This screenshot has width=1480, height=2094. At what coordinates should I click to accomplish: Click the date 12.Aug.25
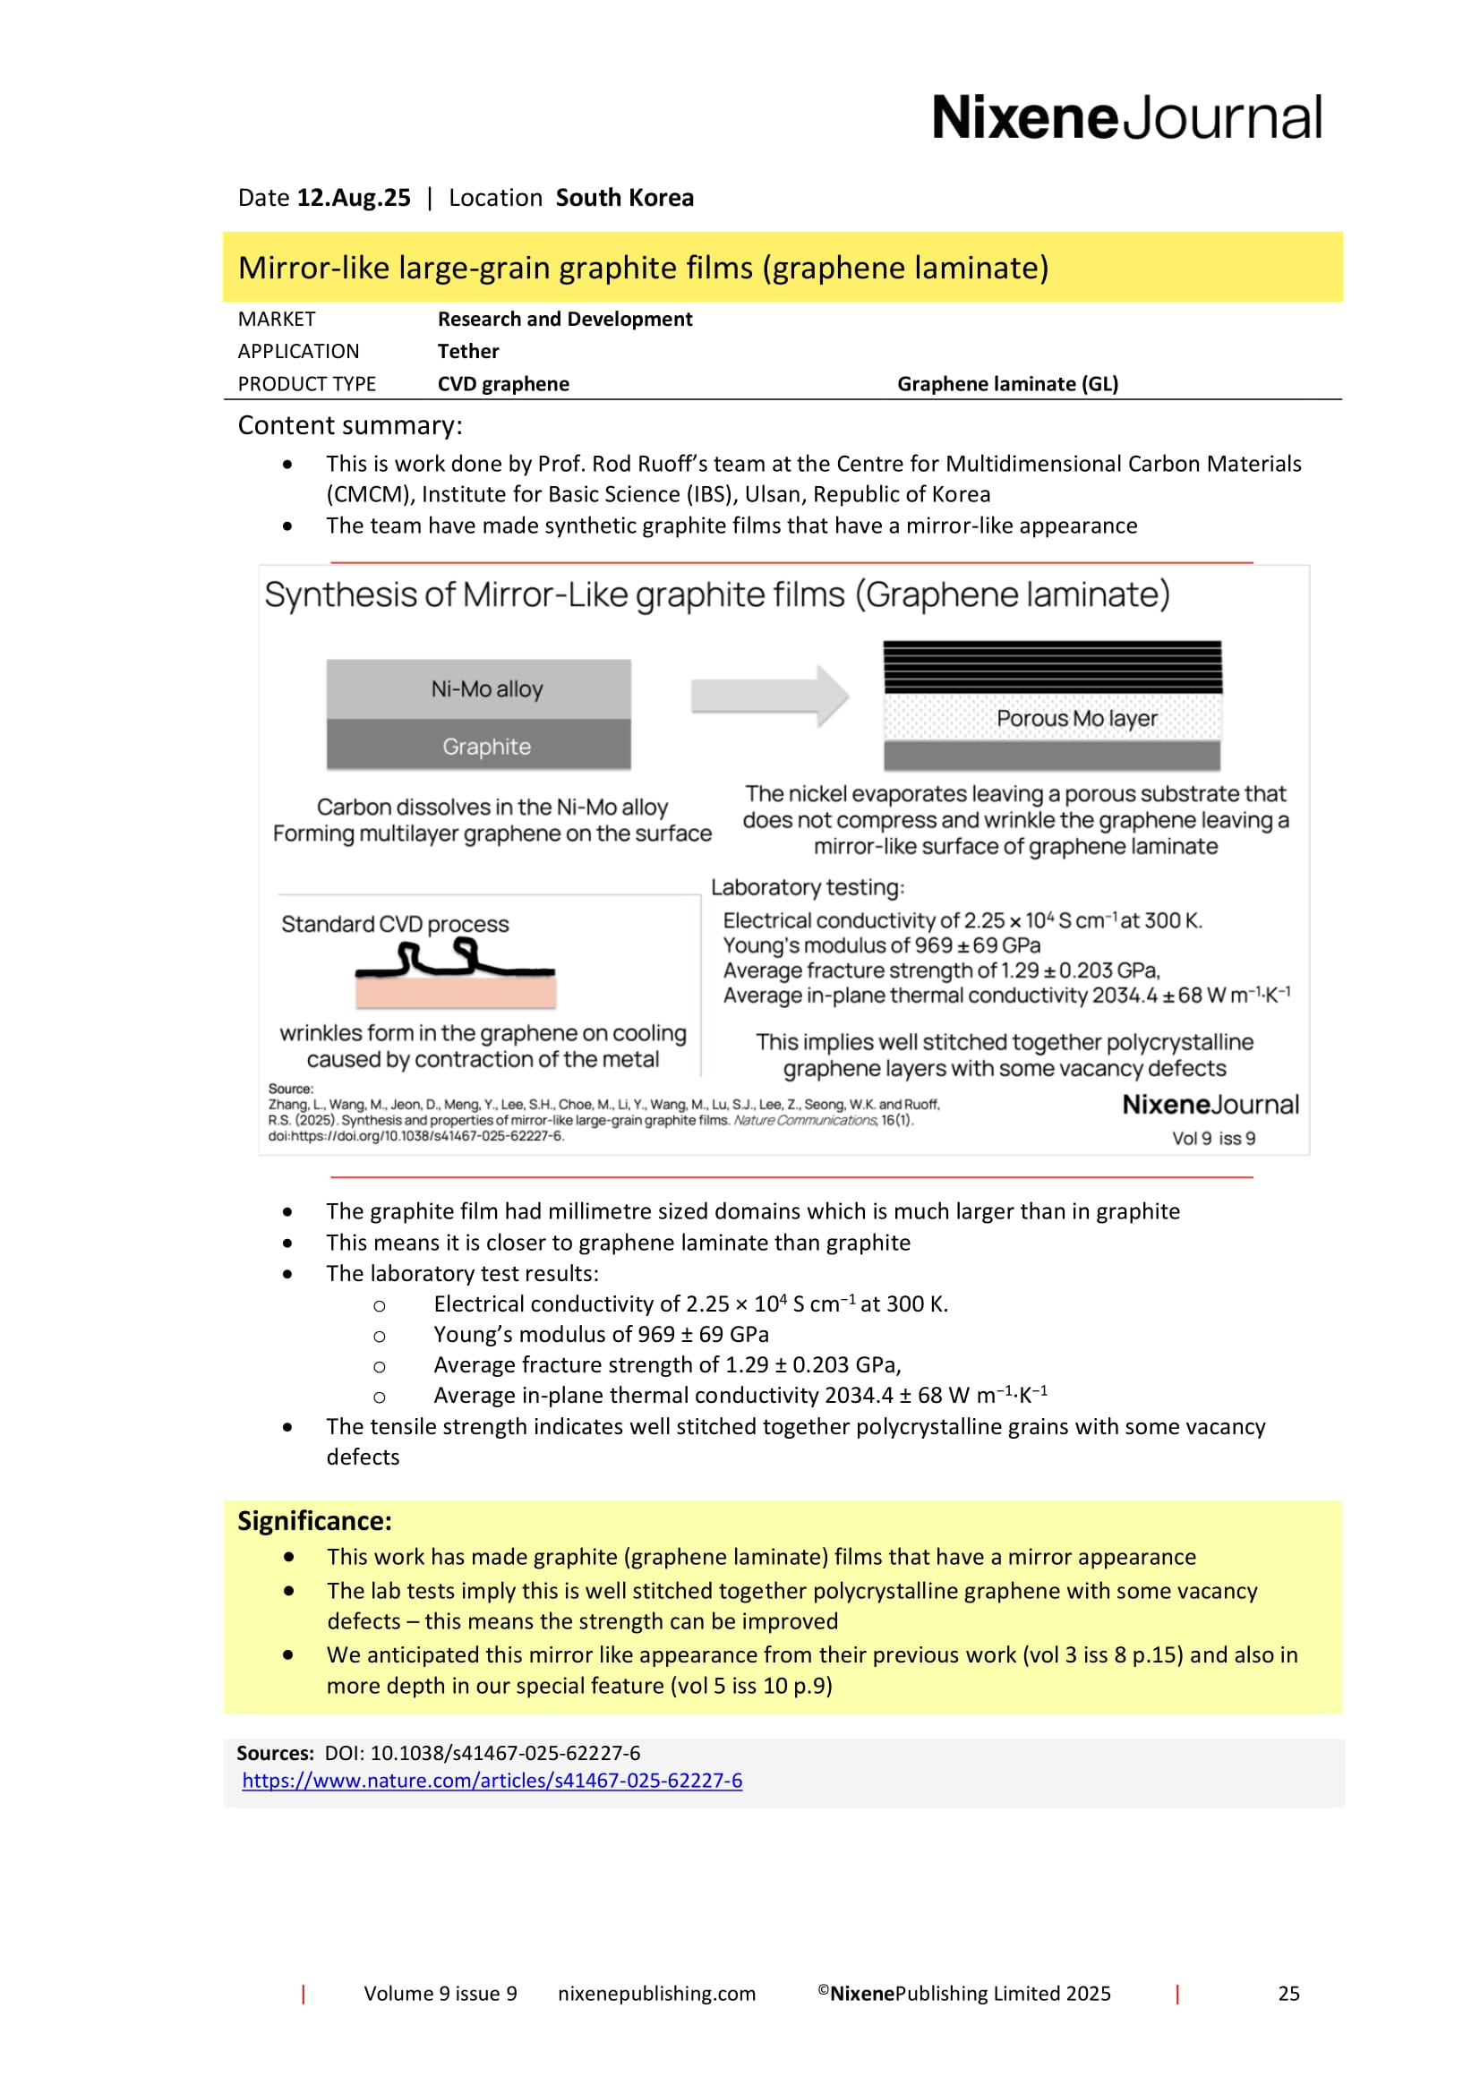(x=354, y=198)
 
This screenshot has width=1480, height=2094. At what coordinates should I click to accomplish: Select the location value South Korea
(x=625, y=198)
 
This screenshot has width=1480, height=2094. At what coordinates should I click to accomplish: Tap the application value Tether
(x=467, y=351)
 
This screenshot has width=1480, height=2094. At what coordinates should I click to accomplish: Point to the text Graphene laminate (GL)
(x=1006, y=384)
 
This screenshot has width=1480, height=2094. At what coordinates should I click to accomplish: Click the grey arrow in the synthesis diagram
(x=770, y=696)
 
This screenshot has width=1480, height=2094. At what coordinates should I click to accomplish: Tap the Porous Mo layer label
(x=1076, y=719)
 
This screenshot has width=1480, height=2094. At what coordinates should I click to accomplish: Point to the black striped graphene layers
(x=1051, y=667)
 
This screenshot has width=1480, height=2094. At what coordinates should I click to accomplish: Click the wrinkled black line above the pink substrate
(x=454, y=961)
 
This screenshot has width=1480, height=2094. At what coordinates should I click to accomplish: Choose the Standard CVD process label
(x=395, y=924)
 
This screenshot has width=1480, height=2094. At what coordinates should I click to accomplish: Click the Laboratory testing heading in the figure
(x=807, y=887)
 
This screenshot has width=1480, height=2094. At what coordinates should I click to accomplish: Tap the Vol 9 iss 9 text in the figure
(x=1213, y=1138)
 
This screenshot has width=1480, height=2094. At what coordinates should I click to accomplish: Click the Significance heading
(x=314, y=1521)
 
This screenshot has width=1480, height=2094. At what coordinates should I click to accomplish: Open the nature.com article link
(x=492, y=1781)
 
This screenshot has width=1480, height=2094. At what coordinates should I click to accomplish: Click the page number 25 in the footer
(x=1288, y=1994)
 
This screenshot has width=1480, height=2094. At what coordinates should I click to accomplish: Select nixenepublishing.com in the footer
(x=656, y=1994)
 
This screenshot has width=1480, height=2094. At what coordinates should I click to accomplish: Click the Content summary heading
(x=350, y=425)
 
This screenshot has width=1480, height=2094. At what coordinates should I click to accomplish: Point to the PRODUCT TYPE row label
(x=306, y=384)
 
